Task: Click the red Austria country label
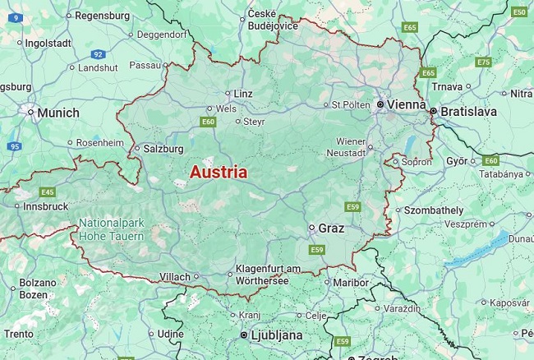click(218, 173)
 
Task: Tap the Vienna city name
click(407, 105)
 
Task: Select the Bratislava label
click(469, 109)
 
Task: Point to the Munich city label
click(58, 113)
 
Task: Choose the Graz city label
click(331, 228)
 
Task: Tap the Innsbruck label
click(46, 206)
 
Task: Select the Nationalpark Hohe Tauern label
click(112, 229)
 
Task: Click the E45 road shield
click(48, 192)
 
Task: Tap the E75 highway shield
click(483, 62)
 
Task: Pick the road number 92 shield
click(98, 53)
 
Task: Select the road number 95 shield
click(14, 146)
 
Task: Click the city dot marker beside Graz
click(312, 228)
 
